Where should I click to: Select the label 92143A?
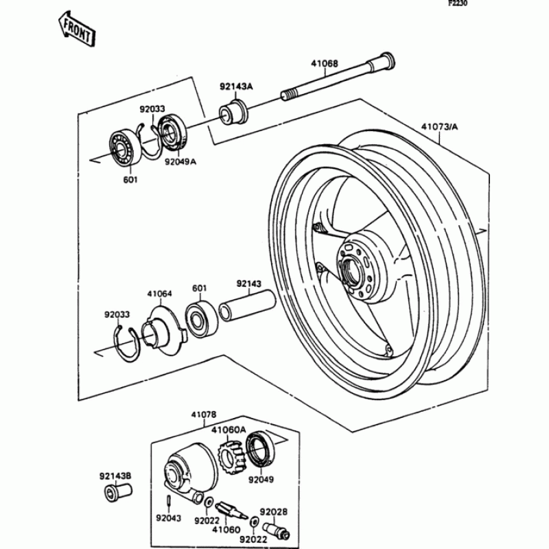click(x=236, y=86)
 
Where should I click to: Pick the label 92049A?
click(x=180, y=162)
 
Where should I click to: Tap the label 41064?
click(x=159, y=294)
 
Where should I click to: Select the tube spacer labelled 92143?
click(x=246, y=305)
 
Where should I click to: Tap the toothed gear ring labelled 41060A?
click(x=231, y=456)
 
